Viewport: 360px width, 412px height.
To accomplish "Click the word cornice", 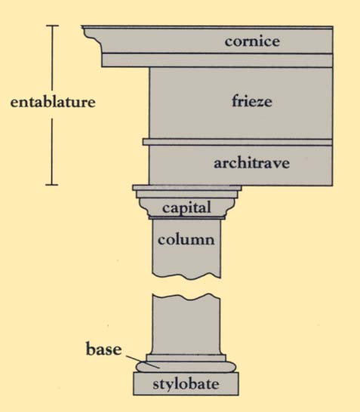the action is (x=252, y=42).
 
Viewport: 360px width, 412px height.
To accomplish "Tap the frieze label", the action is (x=252, y=101).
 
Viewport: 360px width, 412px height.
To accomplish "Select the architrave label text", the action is (x=252, y=163).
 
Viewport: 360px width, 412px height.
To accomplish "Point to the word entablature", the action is (x=53, y=102).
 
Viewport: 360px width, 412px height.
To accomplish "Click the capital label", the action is (x=186, y=208).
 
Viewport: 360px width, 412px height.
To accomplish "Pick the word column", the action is (x=186, y=240).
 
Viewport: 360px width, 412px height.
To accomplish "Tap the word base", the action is (x=104, y=349).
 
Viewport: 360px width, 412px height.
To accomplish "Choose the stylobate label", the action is (x=186, y=384).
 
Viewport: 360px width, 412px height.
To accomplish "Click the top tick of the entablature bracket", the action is (x=52, y=26).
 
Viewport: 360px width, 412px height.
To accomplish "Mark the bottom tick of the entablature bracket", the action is (x=52, y=185).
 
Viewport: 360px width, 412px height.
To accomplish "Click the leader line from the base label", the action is (x=143, y=362).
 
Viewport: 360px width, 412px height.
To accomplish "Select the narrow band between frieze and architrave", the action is (x=238, y=142).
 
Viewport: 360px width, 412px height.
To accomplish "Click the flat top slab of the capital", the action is (x=187, y=188).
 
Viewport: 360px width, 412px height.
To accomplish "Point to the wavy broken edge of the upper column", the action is (x=186, y=276).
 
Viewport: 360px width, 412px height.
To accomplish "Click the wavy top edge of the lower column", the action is (x=186, y=297).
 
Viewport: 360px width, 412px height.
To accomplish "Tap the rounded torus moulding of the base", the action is (x=186, y=367).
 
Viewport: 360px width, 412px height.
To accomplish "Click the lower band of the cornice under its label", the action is (x=217, y=60).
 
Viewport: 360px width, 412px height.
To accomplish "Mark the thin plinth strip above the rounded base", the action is (x=186, y=358).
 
